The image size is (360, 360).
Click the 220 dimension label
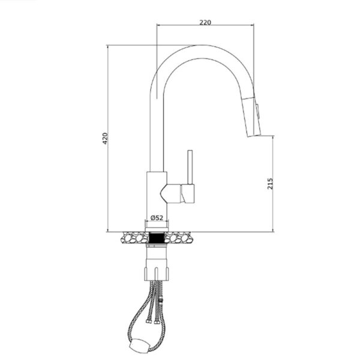pos(205,22)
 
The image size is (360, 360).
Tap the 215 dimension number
pos(269,184)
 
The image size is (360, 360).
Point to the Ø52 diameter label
pos(157,217)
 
